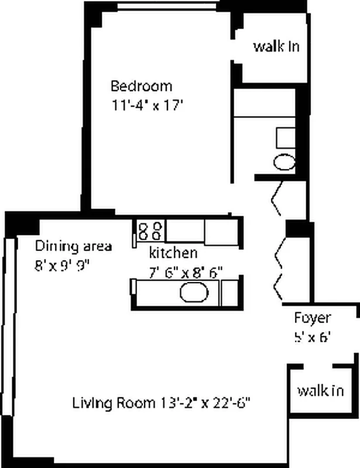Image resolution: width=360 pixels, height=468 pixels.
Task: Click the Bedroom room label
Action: (141, 86)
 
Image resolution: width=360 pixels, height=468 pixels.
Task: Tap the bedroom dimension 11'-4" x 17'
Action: (147, 105)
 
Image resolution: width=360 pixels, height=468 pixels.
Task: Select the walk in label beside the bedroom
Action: (276, 47)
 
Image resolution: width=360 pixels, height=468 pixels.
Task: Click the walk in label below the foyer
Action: (321, 390)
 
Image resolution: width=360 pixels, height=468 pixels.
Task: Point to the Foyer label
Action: (313, 318)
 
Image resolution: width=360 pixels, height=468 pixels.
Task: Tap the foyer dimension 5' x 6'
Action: (312, 338)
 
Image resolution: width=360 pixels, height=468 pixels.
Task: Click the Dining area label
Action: (74, 246)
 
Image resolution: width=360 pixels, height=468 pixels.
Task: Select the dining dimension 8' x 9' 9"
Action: (62, 266)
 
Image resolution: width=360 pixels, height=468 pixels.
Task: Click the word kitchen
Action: (173, 253)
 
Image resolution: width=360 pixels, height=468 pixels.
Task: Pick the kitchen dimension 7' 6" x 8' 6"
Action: (186, 273)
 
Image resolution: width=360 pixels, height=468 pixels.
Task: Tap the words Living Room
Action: (114, 403)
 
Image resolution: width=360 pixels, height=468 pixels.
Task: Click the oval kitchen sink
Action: (194, 292)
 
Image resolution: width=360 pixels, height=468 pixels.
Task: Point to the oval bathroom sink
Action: (284, 162)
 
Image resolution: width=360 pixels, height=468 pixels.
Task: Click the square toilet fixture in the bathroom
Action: (286, 138)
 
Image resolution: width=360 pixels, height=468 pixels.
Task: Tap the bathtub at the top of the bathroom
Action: (265, 102)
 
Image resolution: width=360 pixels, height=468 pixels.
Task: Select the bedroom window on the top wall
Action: (167, 6)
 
